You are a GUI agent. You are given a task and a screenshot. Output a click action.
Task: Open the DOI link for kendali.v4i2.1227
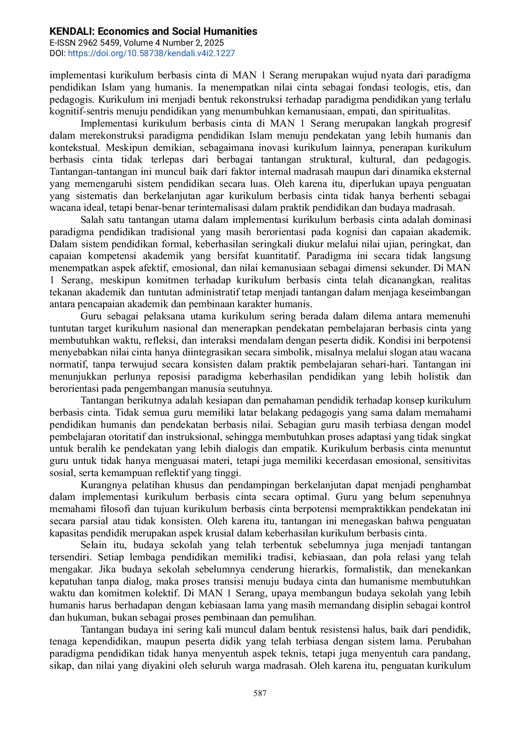point(151,53)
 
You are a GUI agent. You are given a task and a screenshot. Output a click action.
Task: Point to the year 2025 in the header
point(214,43)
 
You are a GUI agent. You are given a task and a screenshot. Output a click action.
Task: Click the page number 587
point(260,694)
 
